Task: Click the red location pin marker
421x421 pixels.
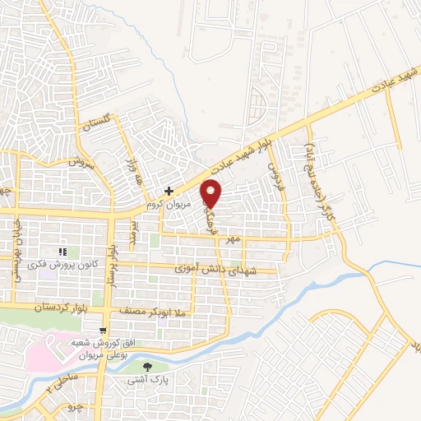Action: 212,193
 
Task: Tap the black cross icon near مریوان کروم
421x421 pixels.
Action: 168,191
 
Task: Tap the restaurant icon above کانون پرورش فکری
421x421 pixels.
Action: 62,252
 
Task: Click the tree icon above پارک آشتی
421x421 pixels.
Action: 147,366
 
